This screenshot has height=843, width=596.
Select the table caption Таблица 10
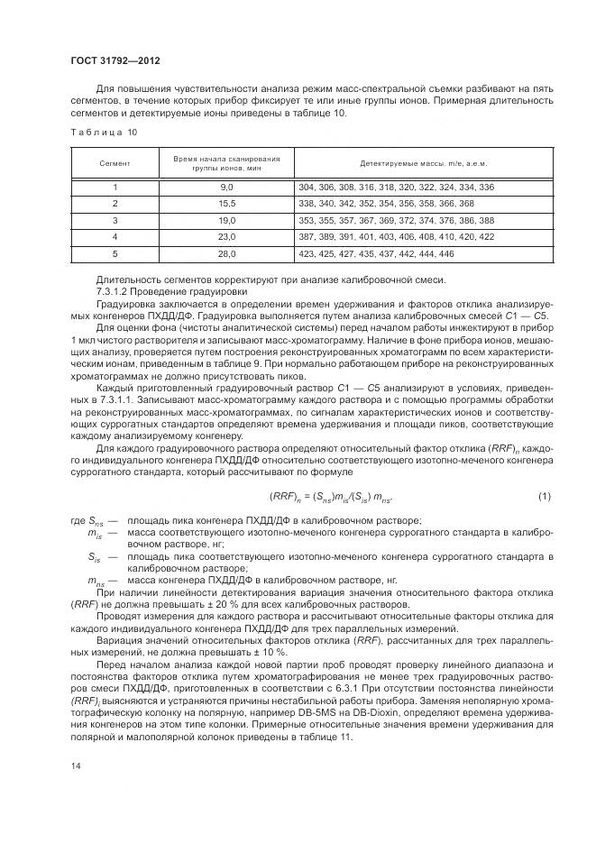[x=103, y=132]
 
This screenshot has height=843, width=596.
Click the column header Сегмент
[x=115, y=163]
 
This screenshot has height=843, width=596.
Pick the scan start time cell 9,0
[x=226, y=187]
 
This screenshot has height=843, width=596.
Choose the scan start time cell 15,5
[x=226, y=203]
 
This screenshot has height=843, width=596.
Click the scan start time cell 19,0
[x=226, y=219]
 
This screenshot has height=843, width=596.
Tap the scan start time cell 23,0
[x=226, y=235]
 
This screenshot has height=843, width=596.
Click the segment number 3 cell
[x=115, y=219]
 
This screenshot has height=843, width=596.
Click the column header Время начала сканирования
[x=226, y=163]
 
